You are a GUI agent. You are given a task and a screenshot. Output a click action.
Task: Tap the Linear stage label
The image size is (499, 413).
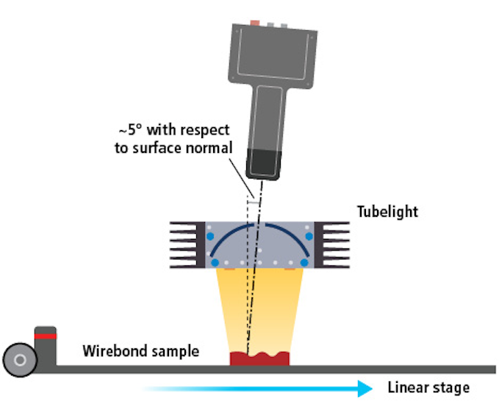click(428, 387)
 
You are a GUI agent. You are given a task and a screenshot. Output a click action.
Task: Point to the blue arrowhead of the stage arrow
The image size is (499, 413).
click(365, 388)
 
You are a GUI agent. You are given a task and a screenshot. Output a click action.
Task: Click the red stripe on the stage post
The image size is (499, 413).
click(46, 336)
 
